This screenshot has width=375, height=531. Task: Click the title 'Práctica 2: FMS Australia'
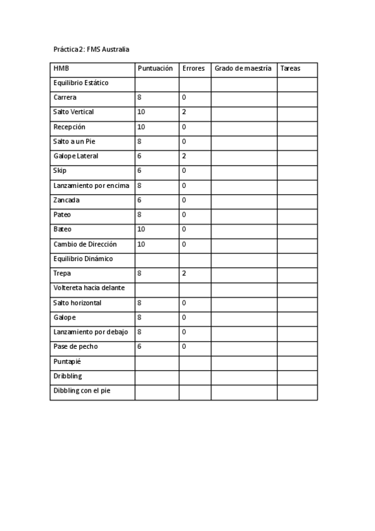pos(91,49)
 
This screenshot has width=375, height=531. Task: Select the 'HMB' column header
pos(61,68)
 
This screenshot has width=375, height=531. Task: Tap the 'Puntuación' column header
pos(154,68)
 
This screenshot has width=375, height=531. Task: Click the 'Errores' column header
pos(193,68)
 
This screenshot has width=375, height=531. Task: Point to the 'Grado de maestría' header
pos(242,68)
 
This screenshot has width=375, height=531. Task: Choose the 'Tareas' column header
pos(290,68)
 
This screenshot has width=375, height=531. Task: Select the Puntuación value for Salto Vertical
pos(141,112)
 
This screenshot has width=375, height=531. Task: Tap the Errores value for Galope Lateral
pos(184,156)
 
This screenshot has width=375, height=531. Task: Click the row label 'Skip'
pos(60,170)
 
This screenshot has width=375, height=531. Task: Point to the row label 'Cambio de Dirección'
pos(85,244)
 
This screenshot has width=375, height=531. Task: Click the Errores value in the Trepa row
pos(184,274)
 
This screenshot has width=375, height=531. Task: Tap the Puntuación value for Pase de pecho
pos(139,346)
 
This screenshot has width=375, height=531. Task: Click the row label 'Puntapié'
pos(67,361)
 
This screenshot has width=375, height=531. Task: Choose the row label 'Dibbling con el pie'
pos(84,391)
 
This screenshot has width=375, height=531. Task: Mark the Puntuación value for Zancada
pos(139,200)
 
